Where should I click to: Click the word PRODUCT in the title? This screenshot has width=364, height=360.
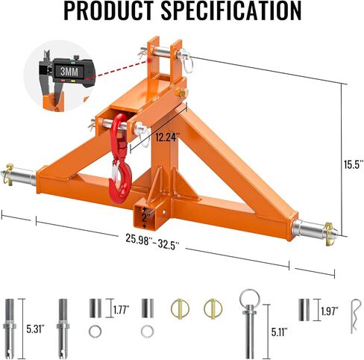point(110,12)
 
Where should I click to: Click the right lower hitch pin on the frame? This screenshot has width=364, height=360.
point(313,226)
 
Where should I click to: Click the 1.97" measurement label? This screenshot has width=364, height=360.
point(329,310)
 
